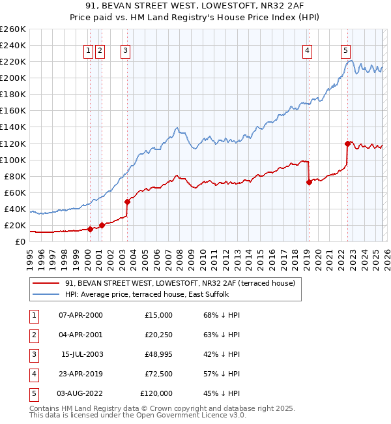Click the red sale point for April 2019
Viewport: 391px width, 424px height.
309,182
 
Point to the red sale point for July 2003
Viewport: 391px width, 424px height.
127,202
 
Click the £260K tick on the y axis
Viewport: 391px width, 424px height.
13,29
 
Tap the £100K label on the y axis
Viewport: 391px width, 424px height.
13,160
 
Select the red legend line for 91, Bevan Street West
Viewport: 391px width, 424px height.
46,283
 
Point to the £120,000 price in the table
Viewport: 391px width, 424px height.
156,393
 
